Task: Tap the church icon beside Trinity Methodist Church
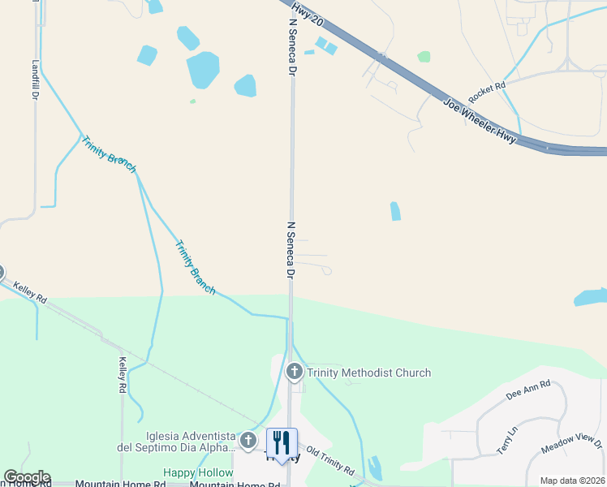[294, 372]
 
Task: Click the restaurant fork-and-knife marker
[282, 442]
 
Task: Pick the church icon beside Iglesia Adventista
[248, 443]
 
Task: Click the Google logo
[27, 477]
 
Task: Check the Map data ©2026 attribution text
[571, 481]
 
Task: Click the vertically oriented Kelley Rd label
[123, 376]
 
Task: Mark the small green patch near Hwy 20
[424, 57]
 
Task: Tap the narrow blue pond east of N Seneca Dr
[395, 211]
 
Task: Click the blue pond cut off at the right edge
[592, 297]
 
